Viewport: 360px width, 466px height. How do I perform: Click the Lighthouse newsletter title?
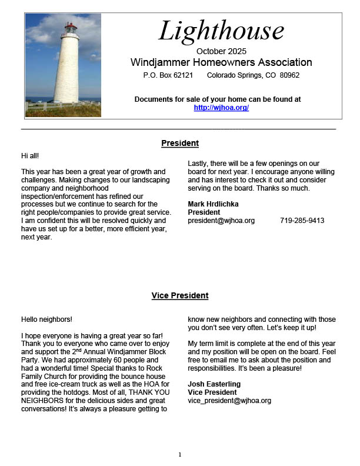tap(221, 31)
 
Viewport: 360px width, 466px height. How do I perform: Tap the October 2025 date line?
tap(221, 51)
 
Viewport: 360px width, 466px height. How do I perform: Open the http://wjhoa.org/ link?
tap(221, 108)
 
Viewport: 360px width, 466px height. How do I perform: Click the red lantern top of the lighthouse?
tap(71, 27)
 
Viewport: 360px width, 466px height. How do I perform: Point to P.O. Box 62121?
tap(168, 75)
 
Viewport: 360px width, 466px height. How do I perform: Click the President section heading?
tap(180, 143)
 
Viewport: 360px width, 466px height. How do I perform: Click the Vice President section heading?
tap(180, 295)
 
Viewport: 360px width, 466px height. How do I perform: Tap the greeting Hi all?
tap(30, 155)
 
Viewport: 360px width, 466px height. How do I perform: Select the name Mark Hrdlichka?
tap(214, 204)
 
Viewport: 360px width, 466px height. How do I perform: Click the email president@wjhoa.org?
tap(221, 221)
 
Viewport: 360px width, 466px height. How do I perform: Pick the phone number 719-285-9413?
tap(302, 221)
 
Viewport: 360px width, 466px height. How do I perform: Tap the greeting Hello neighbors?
tap(46, 319)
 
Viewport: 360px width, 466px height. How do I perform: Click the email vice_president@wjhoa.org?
tap(229, 401)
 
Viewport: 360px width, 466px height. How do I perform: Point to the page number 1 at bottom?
tap(180, 454)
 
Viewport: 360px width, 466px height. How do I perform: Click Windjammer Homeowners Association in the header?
tap(221, 62)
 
